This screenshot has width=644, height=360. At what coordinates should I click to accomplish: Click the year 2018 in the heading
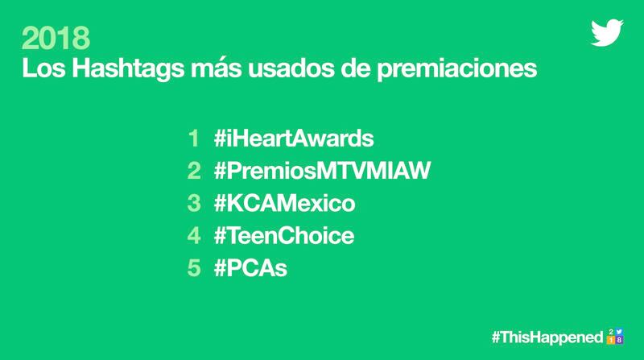pos(56,38)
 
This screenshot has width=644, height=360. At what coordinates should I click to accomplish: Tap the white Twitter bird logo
pos(607,32)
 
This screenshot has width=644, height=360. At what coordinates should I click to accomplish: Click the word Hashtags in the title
pos(128,68)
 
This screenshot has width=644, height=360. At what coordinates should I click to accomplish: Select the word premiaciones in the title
pos(456,68)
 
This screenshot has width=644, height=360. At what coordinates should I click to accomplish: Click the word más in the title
pos(216,68)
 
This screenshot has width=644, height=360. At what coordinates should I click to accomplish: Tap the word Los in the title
pos(43,68)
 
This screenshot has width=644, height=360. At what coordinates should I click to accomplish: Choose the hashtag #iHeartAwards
pos(294,138)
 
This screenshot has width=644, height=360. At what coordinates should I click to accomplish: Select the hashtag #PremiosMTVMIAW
pos(322,171)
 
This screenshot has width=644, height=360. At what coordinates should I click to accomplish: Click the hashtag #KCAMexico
pos(285,203)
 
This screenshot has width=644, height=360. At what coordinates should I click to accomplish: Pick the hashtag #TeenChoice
pos(284,235)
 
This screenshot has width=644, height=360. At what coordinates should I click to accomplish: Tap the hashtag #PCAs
pos(250,268)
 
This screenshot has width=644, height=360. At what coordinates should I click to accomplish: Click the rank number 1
pos(194,138)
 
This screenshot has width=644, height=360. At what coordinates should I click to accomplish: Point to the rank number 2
pos(194,171)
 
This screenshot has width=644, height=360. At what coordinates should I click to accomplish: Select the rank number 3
pos(194,203)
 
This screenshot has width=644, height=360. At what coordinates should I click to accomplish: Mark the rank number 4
pos(194,235)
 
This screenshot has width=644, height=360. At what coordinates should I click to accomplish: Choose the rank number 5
pos(194,268)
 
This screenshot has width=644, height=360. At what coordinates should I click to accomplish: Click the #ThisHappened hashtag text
pos(547,337)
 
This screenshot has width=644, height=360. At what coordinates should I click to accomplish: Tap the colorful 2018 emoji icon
pos(615,336)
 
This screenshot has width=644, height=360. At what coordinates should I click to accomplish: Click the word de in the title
pos(355,68)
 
